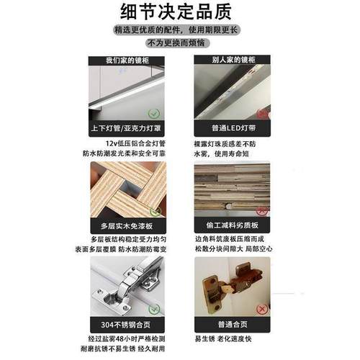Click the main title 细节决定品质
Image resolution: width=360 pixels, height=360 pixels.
point(179,13)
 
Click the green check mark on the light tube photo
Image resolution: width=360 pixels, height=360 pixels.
point(153,114)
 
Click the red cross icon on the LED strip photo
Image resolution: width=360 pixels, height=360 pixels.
point(262,113)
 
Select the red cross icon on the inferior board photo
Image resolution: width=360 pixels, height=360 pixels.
point(262,210)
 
